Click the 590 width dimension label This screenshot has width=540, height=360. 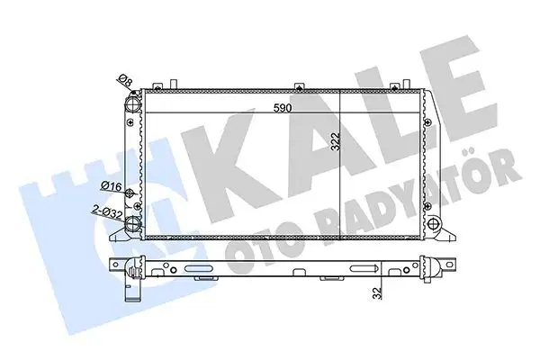coord(283,108)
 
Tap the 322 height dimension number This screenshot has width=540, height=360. coord(336,141)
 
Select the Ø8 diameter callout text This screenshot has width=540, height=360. coord(126,80)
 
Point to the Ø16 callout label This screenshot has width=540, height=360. coord(112,186)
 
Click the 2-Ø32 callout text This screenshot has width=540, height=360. coord(108,211)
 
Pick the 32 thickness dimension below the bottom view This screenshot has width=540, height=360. coord(378,292)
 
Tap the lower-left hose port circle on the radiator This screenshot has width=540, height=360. coord(132,224)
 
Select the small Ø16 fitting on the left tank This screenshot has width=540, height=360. coord(130,193)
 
